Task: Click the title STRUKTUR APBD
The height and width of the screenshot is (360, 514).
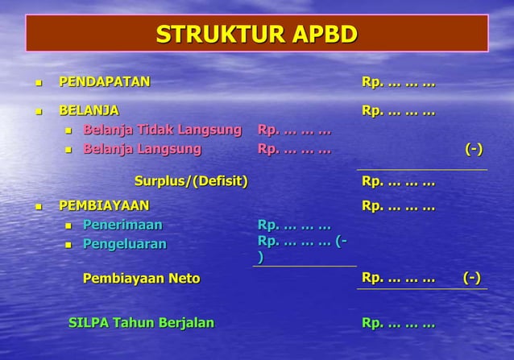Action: point(256,35)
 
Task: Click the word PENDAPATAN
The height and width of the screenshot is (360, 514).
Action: point(104,82)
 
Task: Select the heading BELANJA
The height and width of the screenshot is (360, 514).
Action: point(89,110)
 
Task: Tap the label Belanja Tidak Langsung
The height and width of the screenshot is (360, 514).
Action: point(162,130)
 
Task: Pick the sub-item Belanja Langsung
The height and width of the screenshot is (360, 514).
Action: point(142,149)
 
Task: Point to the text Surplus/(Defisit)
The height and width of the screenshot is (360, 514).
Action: point(191,180)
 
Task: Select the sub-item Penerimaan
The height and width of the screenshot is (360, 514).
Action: point(122,225)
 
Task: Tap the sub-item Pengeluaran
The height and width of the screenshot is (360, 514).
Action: point(124,244)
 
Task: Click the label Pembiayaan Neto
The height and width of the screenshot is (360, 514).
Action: point(141,279)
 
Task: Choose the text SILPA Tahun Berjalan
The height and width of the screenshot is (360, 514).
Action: point(141,323)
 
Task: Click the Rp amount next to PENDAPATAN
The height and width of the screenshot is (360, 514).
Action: point(398,82)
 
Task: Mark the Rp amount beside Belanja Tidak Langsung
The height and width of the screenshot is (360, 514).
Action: point(294,130)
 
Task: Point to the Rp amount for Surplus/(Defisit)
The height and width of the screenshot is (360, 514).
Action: point(398,181)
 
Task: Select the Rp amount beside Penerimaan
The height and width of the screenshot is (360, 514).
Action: point(294,225)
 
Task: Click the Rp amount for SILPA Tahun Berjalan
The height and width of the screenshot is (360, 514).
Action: point(398,324)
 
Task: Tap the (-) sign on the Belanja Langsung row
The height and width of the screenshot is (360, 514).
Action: point(474,149)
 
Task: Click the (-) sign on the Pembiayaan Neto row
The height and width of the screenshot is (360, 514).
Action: point(472,278)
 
